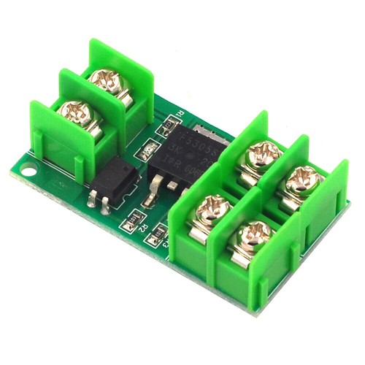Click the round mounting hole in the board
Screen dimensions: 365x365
(x=28, y=173)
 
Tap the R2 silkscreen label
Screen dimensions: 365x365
(x=146, y=228)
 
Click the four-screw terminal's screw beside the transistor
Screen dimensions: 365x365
(x=262, y=153)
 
